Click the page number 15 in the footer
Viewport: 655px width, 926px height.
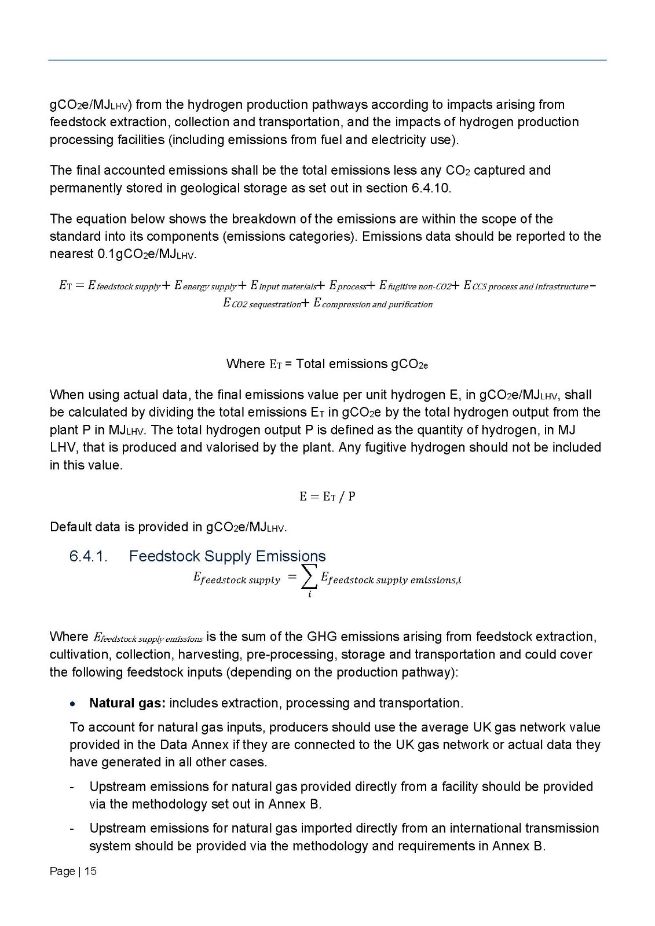coord(91,871)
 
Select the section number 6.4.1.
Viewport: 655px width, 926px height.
coord(88,556)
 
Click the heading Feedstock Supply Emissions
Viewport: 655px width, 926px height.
coord(227,556)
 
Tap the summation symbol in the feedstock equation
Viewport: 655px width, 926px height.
coord(309,578)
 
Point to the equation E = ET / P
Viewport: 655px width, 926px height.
coord(327,497)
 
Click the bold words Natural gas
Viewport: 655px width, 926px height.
coord(127,703)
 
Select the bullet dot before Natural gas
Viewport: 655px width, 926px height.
coord(72,704)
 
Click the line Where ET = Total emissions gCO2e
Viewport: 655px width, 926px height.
coord(327,364)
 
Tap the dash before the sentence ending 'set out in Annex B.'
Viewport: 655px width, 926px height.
coord(72,787)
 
